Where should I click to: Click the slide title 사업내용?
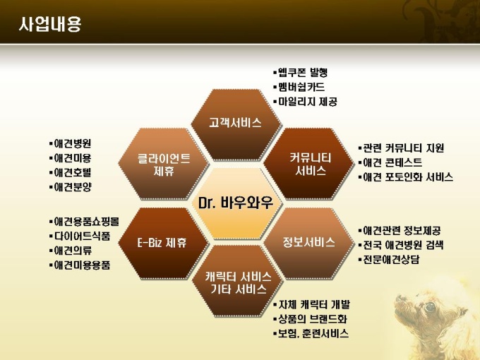50,24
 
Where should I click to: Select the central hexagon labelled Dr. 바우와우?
236,203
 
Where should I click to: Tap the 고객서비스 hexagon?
236,124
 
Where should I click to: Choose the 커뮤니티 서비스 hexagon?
309,164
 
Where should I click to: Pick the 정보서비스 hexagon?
309,243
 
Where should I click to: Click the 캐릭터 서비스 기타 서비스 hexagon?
238,281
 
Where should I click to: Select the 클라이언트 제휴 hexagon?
164,164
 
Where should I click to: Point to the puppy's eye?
430,307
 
